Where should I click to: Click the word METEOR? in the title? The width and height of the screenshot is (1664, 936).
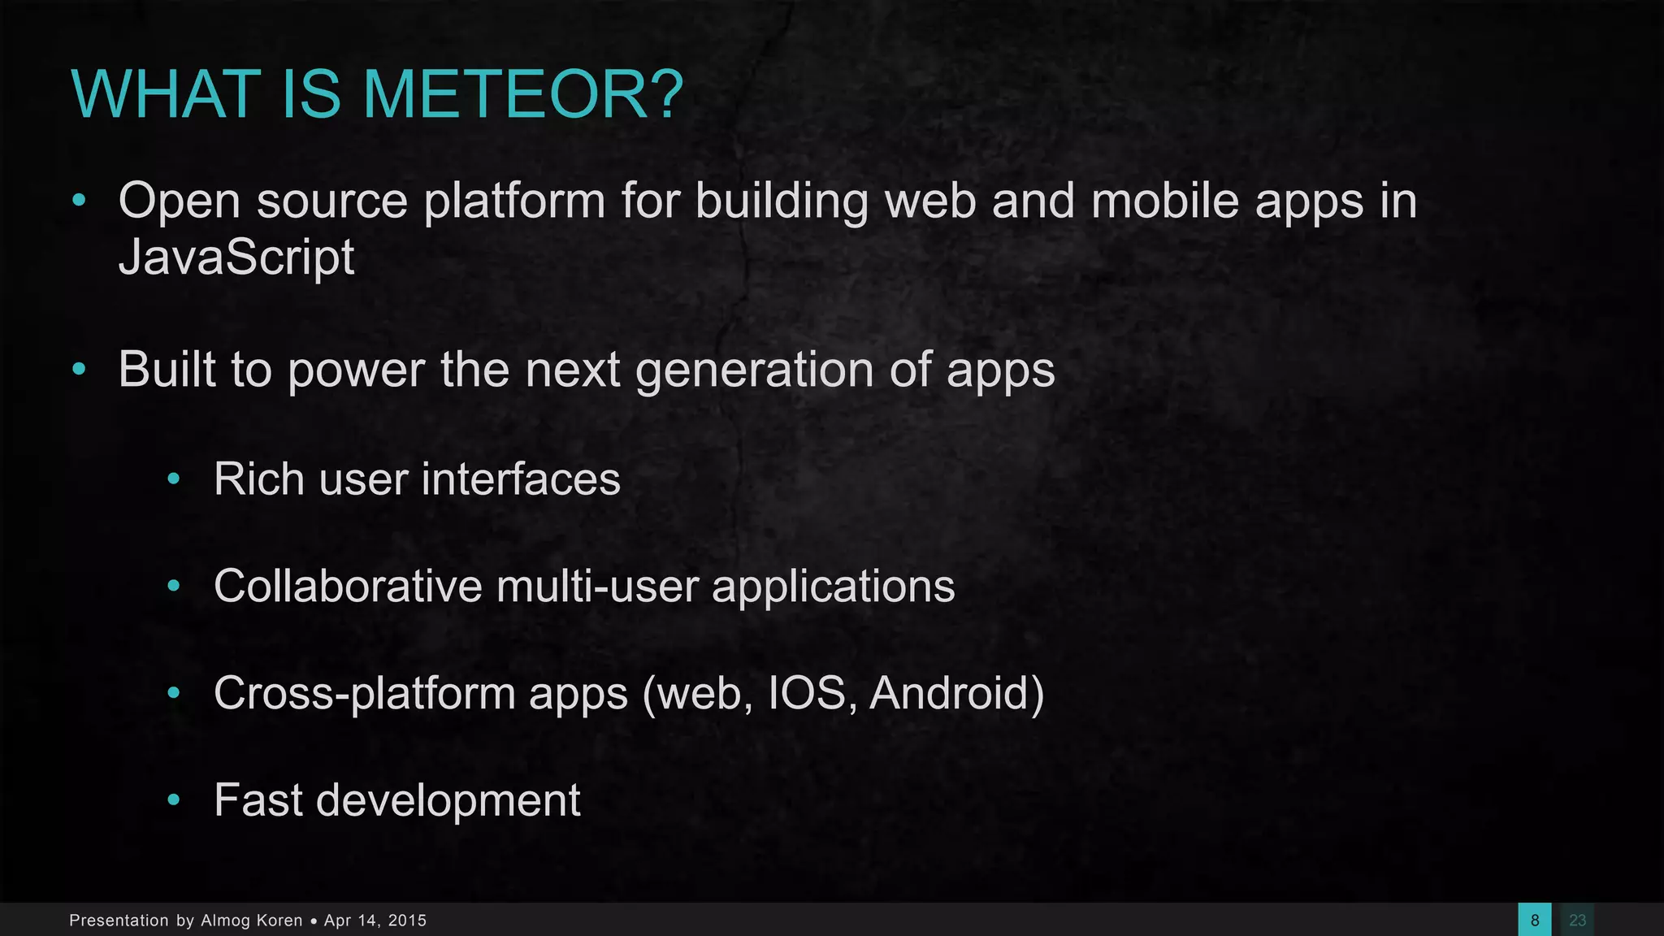(x=523, y=94)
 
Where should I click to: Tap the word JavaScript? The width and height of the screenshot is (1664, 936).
(x=236, y=258)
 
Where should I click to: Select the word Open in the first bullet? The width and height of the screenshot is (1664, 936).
(x=180, y=201)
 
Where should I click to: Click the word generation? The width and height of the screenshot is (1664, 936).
(x=754, y=370)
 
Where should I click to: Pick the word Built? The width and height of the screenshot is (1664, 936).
(x=167, y=370)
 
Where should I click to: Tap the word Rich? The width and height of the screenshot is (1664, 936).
(x=259, y=479)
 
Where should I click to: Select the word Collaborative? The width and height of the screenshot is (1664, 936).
(x=348, y=586)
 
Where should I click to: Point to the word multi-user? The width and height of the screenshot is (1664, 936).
(x=597, y=586)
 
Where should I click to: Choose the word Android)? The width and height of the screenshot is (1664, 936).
(x=956, y=694)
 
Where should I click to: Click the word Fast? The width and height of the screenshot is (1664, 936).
(x=258, y=800)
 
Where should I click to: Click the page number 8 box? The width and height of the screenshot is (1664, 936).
(x=1534, y=920)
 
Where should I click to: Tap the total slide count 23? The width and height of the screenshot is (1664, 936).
(x=1577, y=920)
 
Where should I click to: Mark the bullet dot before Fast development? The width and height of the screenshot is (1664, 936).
(x=173, y=801)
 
